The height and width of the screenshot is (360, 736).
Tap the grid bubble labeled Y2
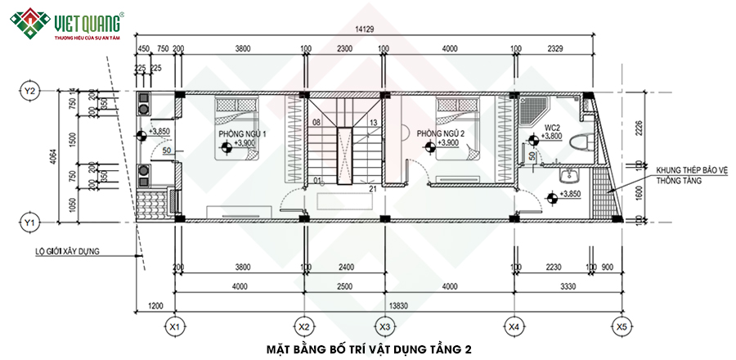pos(30,91)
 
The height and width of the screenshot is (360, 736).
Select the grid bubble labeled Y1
pos(30,222)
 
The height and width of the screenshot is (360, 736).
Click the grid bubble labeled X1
pos(173,326)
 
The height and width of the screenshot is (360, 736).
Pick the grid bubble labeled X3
pos(384,326)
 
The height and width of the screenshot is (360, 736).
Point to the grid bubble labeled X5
pos(621,326)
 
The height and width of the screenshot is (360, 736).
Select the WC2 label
pos(552,128)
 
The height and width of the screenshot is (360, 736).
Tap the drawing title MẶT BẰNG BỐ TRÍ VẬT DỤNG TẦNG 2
pos(369,349)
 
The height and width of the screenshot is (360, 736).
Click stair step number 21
pos(372,190)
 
